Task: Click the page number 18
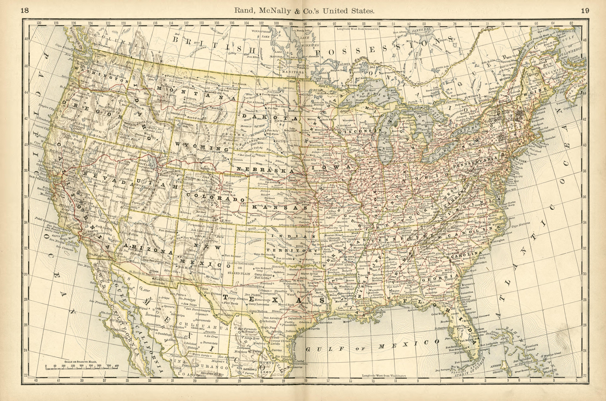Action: click(25, 11)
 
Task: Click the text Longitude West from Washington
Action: click(384, 376)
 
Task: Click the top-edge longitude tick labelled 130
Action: click(39, 23)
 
